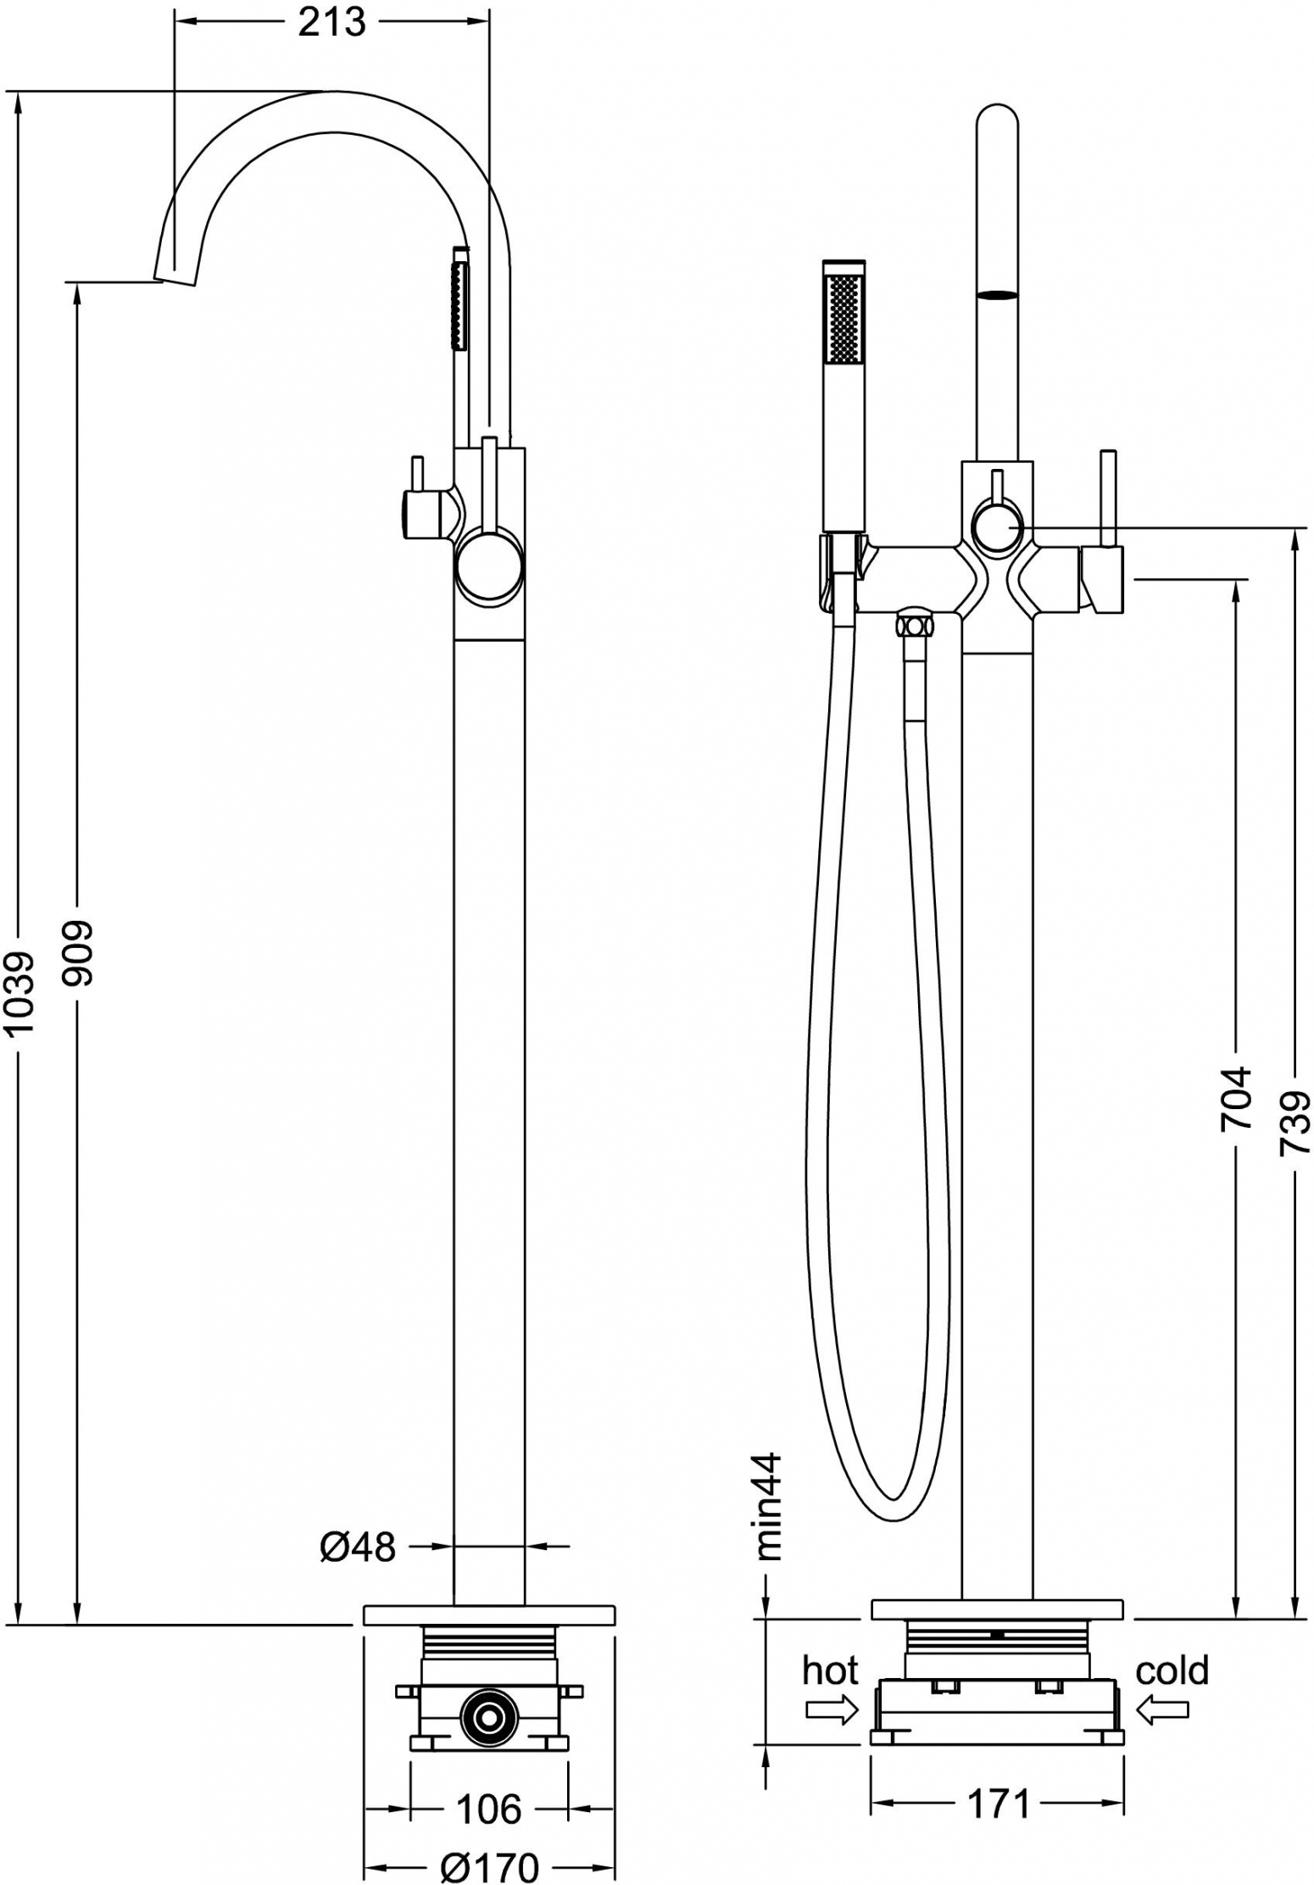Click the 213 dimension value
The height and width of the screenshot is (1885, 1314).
tap(331, 22)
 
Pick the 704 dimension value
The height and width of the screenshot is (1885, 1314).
tap(1235, 1098)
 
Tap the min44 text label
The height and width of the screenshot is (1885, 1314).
tap(770, 1507)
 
